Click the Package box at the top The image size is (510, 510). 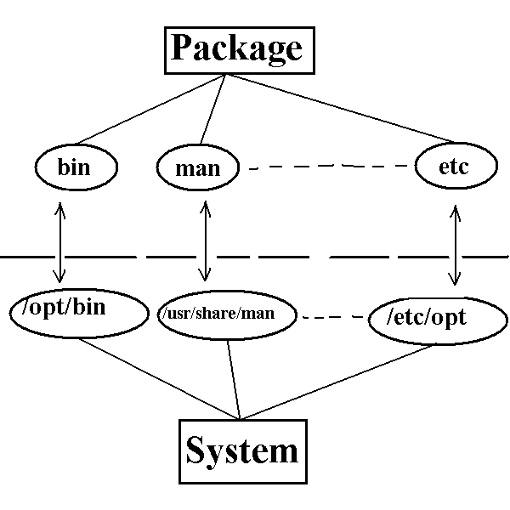click(236, 48)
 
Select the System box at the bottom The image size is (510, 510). click(242, 450)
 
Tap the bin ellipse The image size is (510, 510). click(74, 167)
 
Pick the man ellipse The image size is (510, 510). click(197, 167)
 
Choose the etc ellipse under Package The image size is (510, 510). click(455, 167)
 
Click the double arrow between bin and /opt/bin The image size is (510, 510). click(59, 242)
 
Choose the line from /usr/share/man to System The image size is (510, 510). click(235, 382)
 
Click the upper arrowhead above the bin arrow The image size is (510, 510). click(59, 207)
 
